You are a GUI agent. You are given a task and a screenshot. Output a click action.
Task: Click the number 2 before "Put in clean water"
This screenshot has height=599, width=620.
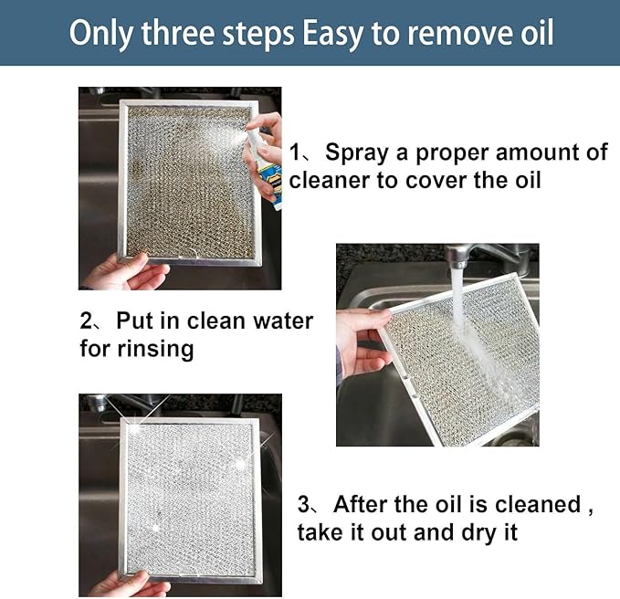(87, 321)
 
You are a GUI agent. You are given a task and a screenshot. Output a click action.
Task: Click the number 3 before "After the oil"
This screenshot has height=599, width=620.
(305, 505)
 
